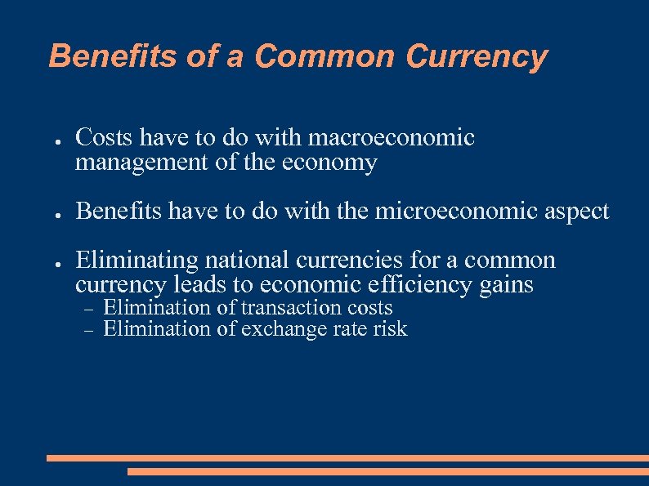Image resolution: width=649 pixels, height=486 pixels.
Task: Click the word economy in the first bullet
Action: pyautogui.click(x=329, y=163)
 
